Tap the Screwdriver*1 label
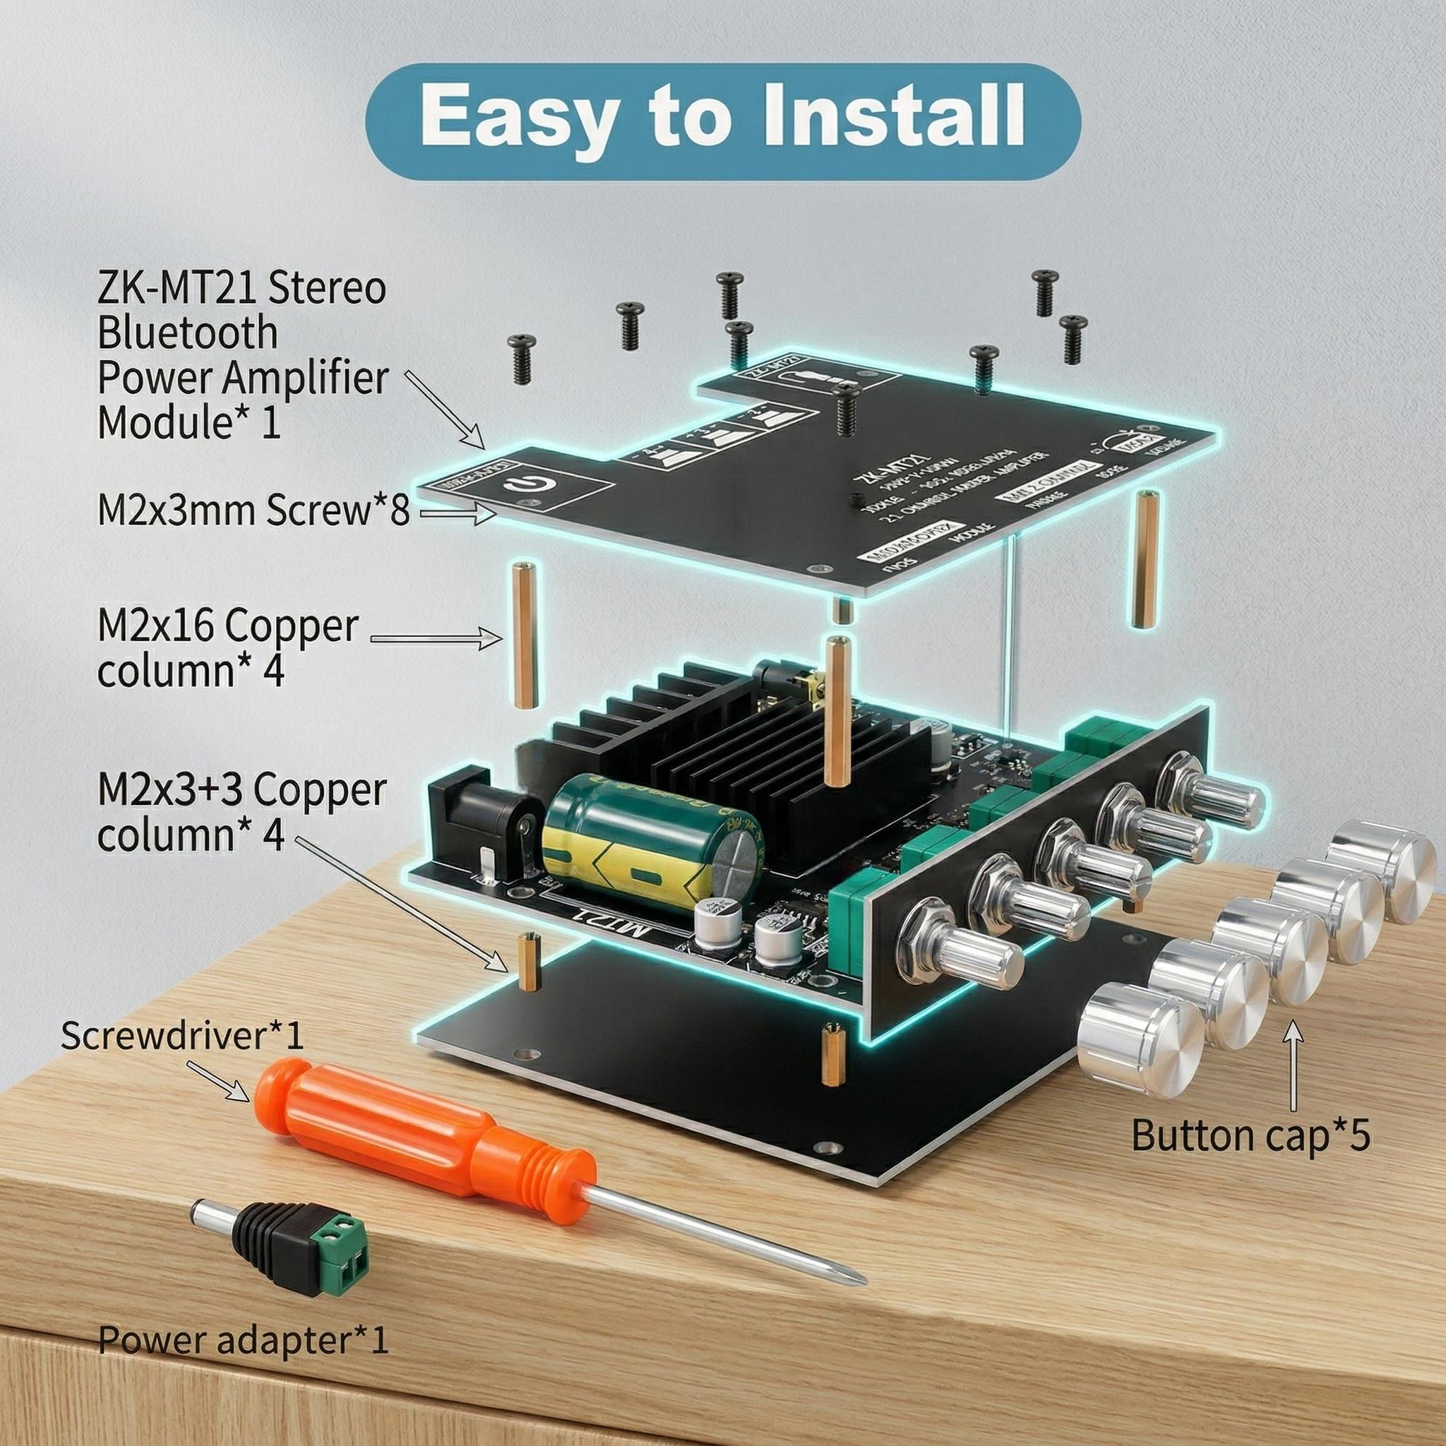183,1036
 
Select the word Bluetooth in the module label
187,333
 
